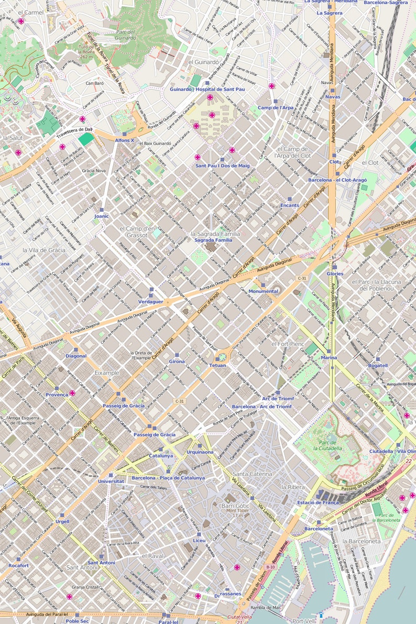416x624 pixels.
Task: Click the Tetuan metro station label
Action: pyautogui.click(x=217, y=365)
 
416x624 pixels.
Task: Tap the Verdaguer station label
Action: pyautogui.click(x=151, y=302)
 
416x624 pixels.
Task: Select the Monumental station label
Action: pyautogui.click(x=263, y=291)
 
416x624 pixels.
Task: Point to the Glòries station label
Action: pyautogui.click(x=335, y=273)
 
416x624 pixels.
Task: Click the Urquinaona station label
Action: pyautogui.click(x=200, y=452)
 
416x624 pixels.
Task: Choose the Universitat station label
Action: pyautogui.click(x=111, y=481)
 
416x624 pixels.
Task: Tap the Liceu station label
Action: pyautogui.click(x=199, y=540)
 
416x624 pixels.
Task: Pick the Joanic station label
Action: pyautogui.click(x=102, y=216)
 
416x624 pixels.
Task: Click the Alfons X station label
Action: pyautogui.click(x=125, y=140)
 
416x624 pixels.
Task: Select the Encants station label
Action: pyautogui.click(x=290, y=205)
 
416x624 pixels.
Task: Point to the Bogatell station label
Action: pyautogui.click(x=378, y=365)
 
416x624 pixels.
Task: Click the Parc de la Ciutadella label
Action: pyautogui.click(x=331, y=445)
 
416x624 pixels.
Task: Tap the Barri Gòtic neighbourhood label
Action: pyautogui.click(x=235, y=506)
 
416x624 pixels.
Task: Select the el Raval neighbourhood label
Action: pyautogui.click(x=153, y=555)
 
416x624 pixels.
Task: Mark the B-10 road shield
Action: pyautogui.click(x=270, y=567)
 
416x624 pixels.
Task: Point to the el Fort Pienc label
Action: pyautogui.click(x=288, y=344)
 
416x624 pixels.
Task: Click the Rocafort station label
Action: pyautogui.click(x=18, y=566)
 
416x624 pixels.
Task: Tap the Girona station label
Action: pyautogui.click(x=177, y=362)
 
